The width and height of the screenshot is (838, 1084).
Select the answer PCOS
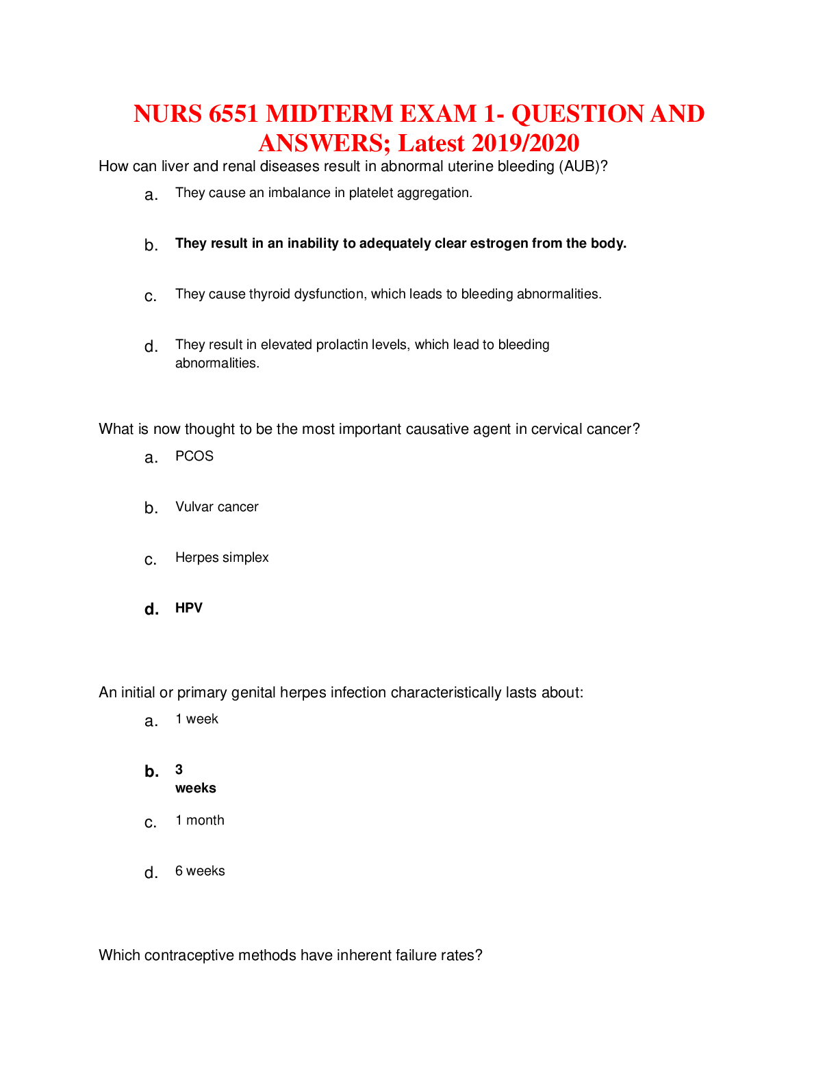click(x=194, y=456)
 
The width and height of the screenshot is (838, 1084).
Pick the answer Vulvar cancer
click(x=216, y=507)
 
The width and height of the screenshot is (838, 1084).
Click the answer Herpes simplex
click(x=222, y=558)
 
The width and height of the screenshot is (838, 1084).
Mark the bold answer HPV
click(x=189, y=608)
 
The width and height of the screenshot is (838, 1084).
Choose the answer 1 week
click(x=196, y=719)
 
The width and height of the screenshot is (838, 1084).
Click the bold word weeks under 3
click(x=196, y=788)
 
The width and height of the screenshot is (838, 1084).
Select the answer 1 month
click(x=200, y=821)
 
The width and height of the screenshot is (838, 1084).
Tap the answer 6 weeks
click(x=200, y=871)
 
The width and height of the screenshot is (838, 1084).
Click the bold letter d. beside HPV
click(x=151, y=610)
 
